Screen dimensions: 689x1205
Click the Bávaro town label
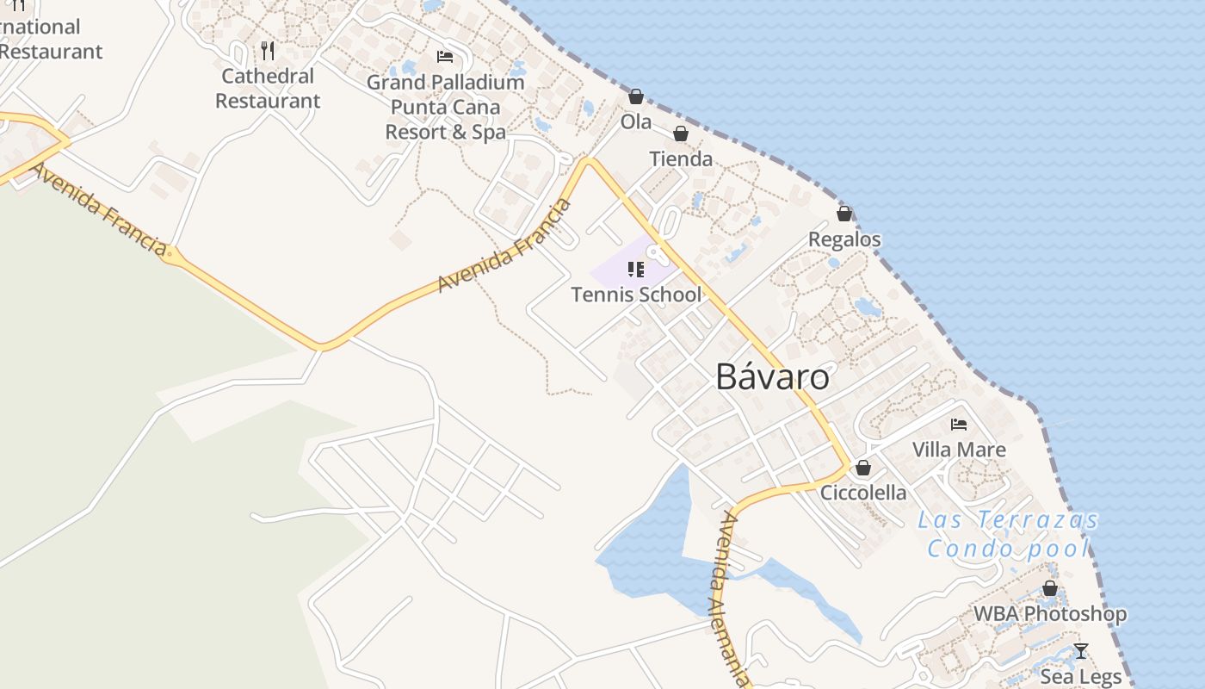click(772, 377)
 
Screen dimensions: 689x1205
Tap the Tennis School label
click(636, 295)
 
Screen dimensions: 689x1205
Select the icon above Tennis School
click(636, 270)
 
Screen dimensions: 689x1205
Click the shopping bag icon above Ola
click(636, 96)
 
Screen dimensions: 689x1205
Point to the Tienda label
click(681, 158)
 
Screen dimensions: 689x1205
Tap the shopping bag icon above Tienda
click(681, 133)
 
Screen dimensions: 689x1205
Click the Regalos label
click(844, 239)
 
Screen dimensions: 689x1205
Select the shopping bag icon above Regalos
click(844, 214)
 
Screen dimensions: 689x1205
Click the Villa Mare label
click(959, 449)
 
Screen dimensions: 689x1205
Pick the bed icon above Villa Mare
click(959, 424)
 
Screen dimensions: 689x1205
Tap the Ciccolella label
click(863, 493)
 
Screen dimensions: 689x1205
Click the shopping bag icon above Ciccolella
click(863, 468)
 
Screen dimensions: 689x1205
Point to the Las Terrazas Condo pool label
click(1008, 534)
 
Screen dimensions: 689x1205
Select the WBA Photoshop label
click(1050, 614)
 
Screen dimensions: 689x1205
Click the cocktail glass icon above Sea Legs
click(1081, 651)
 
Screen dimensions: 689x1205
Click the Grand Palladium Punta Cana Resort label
click(445, 108)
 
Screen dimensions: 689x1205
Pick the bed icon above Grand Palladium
click(445, 57)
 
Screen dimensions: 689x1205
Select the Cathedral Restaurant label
click(268, 88)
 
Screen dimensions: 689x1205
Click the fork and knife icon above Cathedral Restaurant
click(268, 51)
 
